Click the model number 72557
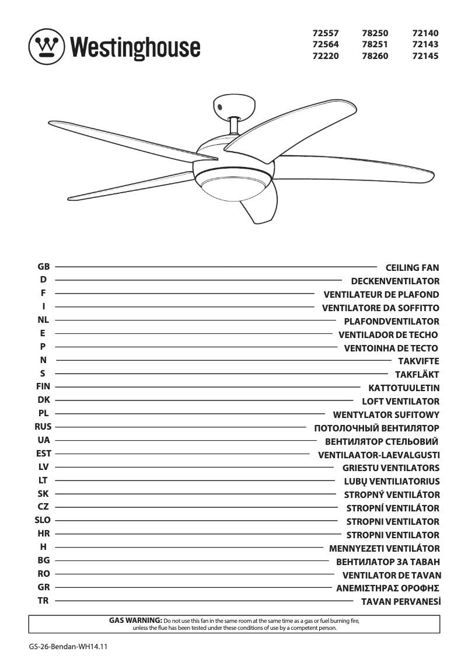(x=326, y=33)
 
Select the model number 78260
(x=375, y=57)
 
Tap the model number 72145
(x=425, y=57)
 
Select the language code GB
(x=43, y=267)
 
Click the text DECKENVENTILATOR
(x=395, y=281)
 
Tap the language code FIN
(x=43, y=386)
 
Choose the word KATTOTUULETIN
(x=404, y=388)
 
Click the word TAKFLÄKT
(x=417, y=374)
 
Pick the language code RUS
(x=43, y=427)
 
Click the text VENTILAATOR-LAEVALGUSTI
(x=379, y=455)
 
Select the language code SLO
(x=43, y=520)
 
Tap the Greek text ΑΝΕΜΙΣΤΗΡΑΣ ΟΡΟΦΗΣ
(x=387, y=588)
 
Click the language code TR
(x=43, y=600)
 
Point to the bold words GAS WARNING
(x=135, y=619)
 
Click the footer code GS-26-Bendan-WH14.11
(x=69, y=647)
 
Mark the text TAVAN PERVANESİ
(x=400, y=601)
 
